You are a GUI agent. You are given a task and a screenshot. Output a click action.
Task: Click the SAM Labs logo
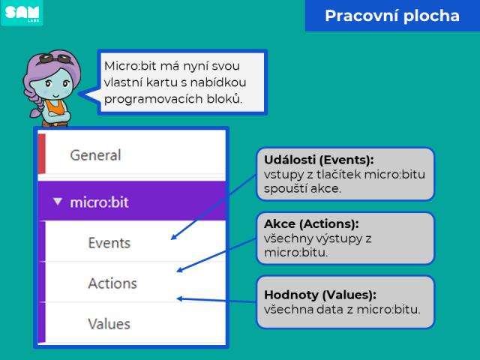click(22, 13)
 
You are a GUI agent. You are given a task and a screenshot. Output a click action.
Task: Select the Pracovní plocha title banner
click(392, 16)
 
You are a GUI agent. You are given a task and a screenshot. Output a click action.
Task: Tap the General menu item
click(95, 155)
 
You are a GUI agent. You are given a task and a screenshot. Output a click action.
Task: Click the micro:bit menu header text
click(99, 202)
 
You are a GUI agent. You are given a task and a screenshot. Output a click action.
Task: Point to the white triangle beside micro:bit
click(58, 202)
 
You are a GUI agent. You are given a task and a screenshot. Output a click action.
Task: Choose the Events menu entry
click(109, 243)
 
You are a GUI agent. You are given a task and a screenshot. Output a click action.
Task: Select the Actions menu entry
click(112, 283)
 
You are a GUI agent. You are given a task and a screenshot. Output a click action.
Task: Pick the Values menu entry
click(109, 324)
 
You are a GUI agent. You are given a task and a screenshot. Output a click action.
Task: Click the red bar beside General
click(42, 154)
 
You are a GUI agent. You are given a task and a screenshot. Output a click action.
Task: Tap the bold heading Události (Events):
click(319, 160)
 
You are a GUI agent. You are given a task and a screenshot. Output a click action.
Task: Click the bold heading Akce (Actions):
click(311, 223)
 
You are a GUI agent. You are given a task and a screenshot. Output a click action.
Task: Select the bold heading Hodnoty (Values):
click(320, 295)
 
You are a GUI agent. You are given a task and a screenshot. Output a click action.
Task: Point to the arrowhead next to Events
click(173, 237)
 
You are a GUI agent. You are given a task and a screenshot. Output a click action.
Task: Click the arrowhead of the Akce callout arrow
click(180, 270)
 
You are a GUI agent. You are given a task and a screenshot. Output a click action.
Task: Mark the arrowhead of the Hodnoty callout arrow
click(180, 298)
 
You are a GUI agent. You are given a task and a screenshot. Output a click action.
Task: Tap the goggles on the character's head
click(55, 58)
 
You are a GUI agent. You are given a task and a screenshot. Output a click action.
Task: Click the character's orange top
click(55, 106)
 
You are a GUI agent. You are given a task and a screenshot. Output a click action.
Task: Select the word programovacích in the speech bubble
click(153, 99)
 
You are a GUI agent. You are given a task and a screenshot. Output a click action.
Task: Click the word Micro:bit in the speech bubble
click(130, 66)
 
